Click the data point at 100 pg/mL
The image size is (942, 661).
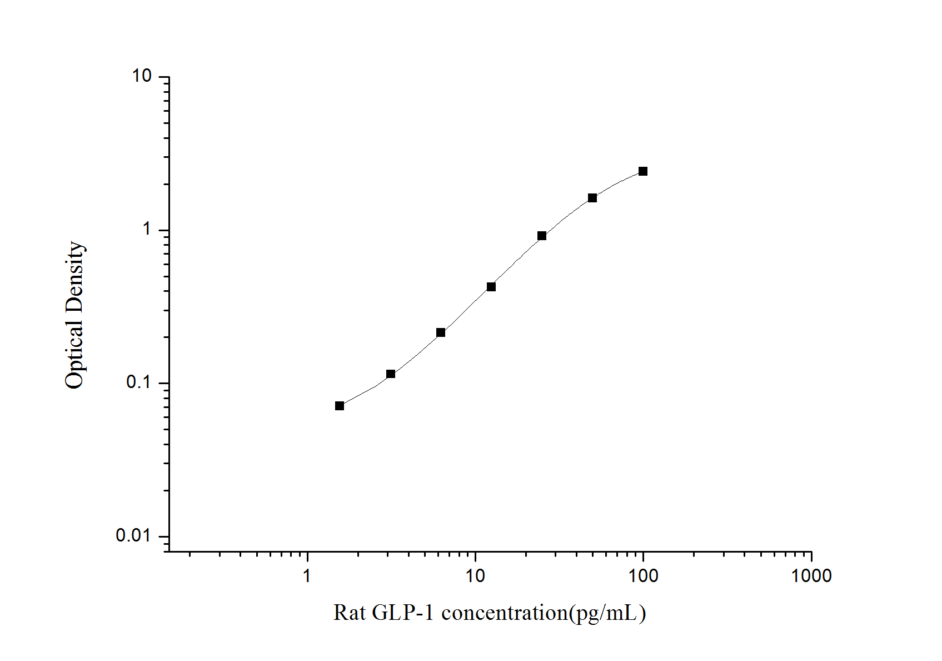tap(643, 171)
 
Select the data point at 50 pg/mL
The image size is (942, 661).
tap(592, 198)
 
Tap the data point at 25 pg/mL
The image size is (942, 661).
tap(542, 236)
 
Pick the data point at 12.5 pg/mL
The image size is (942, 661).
tap(491, 287)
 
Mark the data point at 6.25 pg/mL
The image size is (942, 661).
tap(441, 332)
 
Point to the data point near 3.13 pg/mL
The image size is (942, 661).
tap(391, 374)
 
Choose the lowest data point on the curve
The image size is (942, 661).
tap(340, 406)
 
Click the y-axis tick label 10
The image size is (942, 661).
tap(142, 76)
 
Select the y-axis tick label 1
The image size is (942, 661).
tap(147, 229)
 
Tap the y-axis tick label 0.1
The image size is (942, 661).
tap(139, 382)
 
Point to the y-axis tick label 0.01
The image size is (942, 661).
tap(133, 535)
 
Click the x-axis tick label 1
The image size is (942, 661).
tap(307, 576)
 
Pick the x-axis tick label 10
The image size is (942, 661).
tap(475, 576)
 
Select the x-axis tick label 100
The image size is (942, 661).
tap(644, 576)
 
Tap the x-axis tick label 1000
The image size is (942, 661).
tap(811, 576)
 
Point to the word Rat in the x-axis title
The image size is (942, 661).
tap(350, 613)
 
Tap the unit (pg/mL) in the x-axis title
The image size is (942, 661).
tap(607, 613)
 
